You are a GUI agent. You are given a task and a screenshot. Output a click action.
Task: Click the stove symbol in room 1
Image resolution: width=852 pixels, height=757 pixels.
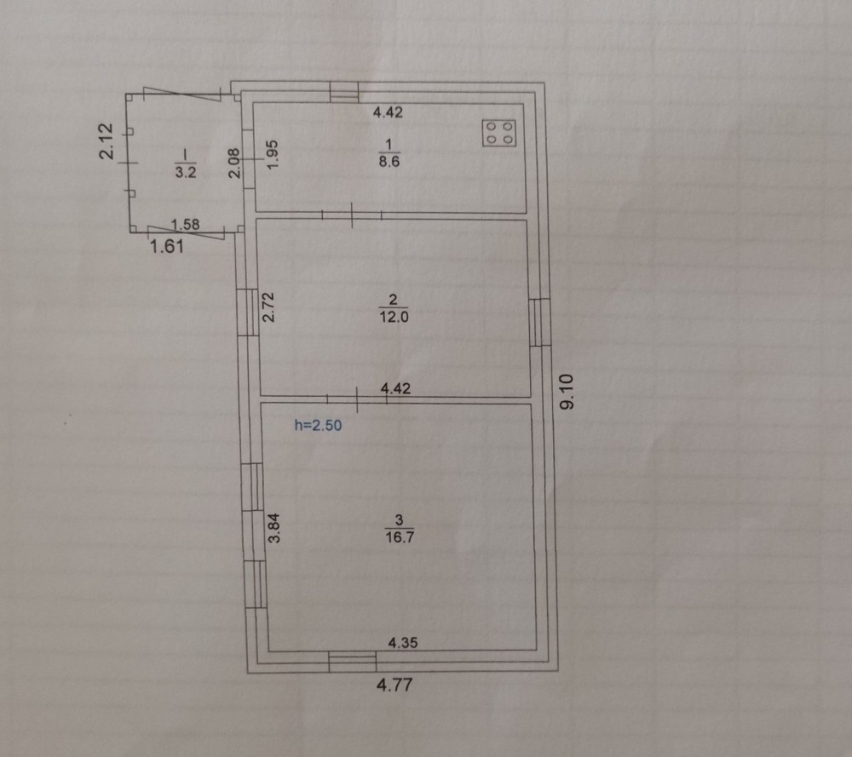click(x=499, y=133)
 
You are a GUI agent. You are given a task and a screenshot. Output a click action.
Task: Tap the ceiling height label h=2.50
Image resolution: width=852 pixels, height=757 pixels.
click(x=318, y=425)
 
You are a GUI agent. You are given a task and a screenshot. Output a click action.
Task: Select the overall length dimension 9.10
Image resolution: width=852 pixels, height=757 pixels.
click(x=567, y=391)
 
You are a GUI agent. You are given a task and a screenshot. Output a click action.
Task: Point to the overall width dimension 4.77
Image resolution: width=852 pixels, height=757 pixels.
click(x=394, y=685)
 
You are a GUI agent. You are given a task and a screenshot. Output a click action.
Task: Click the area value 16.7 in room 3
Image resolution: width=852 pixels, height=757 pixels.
click(x=400, y=537)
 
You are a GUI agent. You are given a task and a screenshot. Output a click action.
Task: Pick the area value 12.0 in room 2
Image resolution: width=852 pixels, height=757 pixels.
click(x=394, y=317)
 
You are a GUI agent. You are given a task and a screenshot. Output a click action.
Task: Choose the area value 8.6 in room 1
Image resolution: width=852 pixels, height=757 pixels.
click(x=389, y=161)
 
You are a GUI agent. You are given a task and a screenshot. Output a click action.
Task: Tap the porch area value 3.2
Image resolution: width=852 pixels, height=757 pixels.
click(x=185, y=172)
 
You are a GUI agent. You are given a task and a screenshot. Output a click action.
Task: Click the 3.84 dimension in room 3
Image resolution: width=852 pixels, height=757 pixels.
click(x=275, y=528)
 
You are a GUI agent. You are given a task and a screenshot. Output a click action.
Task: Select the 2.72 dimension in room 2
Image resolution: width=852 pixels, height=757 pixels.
click(x=269, y=307)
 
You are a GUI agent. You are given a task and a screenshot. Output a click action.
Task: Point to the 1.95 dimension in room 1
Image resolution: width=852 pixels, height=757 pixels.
click(x=273, y=154)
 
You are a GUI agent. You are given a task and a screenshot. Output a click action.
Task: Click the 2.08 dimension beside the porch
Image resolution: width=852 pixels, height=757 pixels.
click(x=234, y=163)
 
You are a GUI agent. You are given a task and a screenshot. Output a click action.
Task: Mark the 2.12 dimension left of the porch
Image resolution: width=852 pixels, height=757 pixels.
click(x=106, y=141)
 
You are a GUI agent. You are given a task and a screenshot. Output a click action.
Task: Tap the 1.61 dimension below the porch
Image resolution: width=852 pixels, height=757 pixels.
click(x=167, y=247)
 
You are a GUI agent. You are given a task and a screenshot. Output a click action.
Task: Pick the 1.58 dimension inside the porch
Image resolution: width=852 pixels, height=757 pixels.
click(x=185, y=224)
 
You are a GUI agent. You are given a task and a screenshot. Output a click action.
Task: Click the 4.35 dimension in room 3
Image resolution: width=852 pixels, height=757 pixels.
click(x=403, y=642)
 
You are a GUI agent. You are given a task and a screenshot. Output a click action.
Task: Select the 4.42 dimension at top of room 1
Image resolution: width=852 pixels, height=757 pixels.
click(x=388, y=112)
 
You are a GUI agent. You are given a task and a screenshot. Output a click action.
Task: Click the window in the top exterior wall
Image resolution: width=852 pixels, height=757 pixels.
click(x=344, y=92)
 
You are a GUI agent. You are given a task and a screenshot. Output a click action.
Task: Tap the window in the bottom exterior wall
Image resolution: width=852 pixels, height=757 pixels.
click(x=353, y=662)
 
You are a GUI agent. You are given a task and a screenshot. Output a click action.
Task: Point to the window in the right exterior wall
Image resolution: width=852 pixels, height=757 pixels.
click(x=539, y=322)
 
